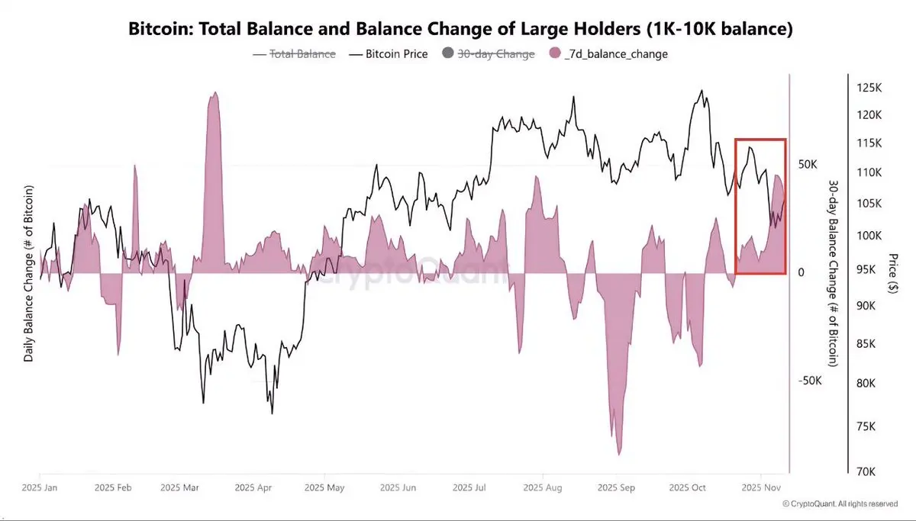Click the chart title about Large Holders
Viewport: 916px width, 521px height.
(x=458, y=31)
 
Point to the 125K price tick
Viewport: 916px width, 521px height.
(x=869, y=88)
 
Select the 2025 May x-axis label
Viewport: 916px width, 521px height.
(x=324, y=487)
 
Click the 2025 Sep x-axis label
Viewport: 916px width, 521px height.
(x=617, y=487)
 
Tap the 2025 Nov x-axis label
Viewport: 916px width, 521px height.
(x=761, y=487)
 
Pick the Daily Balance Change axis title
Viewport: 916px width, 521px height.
(x=28, y=272)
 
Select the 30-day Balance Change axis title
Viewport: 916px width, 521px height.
(x=834, y=272)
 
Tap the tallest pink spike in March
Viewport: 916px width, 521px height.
(x=214, y=95)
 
